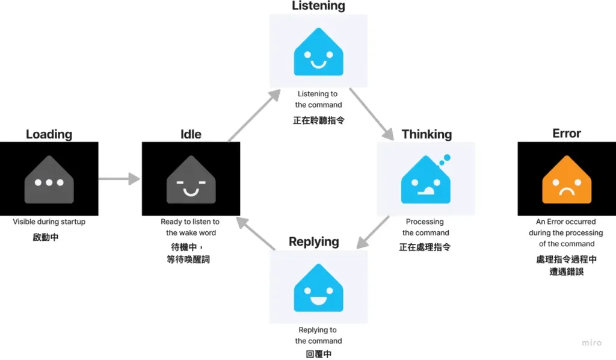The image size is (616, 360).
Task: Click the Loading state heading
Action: coord(49,134)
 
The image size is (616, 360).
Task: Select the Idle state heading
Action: coord(191,134)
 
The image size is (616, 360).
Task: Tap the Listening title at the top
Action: coord(318,6)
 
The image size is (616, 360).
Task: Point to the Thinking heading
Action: coord(427,134)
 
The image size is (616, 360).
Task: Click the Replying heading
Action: coord(313,242)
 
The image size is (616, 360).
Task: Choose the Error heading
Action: coord(567,134)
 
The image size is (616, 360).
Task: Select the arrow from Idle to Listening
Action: coord(254,116)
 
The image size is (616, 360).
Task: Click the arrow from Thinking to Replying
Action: coord(374,232)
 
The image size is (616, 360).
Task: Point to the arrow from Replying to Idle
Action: coord(255,234)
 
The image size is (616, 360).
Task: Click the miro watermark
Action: coord(591,343)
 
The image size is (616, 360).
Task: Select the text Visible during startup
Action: coord(49,222)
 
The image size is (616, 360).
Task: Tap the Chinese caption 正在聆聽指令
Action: coord(318,120)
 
